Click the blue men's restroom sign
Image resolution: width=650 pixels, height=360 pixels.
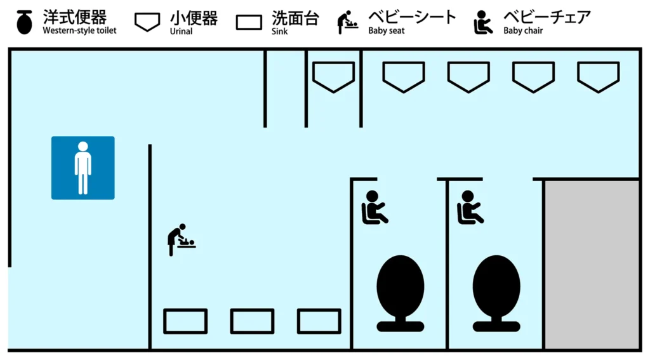click(x=83, y=168)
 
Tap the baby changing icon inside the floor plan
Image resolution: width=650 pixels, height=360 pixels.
click(x=181, y=239)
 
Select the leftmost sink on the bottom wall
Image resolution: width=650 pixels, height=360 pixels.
click(x=185, y=321)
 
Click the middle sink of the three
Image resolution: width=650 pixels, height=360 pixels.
click(x=252, y=321)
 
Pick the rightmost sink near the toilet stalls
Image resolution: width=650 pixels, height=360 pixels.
click(x=319, y=321)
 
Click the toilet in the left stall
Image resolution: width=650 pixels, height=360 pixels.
click(x=400, y=292)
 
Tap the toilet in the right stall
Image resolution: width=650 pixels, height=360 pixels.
click(x=496, y=292)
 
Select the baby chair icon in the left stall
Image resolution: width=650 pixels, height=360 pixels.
click(x=374, y=208)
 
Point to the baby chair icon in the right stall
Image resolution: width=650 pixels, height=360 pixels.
click(x=470, y=208)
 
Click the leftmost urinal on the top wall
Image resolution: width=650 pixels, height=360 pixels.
click(x=333, y=76)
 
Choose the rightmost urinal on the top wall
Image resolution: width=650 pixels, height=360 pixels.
click(x=598, y=76)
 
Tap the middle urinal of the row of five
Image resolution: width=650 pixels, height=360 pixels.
click(x=468, y=76)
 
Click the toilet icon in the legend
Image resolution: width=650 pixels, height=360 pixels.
click(x=24, y=22)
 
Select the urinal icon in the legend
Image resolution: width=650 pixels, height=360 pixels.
click(x=147, y=22)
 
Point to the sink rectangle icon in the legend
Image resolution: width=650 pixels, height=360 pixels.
click(x=249, y=22)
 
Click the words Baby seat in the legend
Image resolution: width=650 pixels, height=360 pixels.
click(x=386, y=30)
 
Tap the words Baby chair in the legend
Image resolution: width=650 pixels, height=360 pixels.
click(x=523, y=30)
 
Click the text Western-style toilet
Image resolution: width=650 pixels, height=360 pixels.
click(x=79, y=30)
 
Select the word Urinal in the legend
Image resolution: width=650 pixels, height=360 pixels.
click(x=181, y=30)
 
